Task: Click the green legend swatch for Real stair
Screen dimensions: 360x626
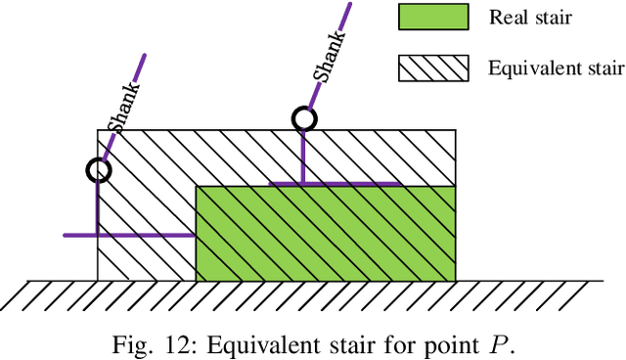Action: (x=430, y=18)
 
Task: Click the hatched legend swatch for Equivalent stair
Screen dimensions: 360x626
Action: (x=430, y=67)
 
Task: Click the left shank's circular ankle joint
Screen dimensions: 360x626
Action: (x=98, y=170)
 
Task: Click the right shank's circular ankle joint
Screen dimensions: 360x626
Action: (x=304, y=119)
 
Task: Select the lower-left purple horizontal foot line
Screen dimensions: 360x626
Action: (x=127, y=235)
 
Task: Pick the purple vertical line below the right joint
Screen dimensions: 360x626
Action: (x=303, y=157)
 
